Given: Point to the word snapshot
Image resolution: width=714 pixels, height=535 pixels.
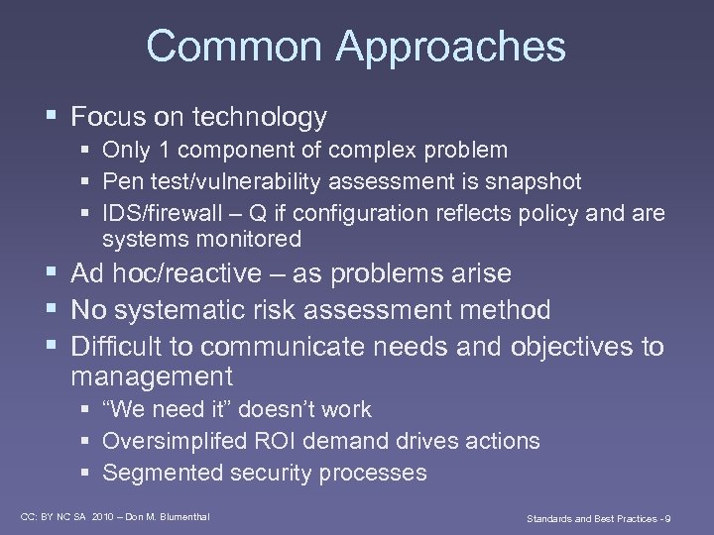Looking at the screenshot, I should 535,181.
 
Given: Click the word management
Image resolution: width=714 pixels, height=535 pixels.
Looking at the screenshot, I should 152,377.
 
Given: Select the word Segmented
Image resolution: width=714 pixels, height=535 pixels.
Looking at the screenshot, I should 163,473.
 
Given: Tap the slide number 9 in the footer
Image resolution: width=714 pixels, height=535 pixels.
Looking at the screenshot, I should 669,517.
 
